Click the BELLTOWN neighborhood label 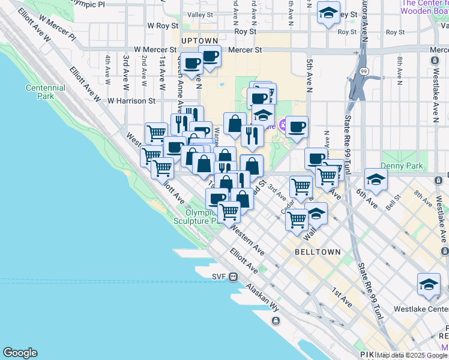(318, 253)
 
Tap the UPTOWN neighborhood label (199, 40)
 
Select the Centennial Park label (46, 92)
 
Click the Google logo (20, 353)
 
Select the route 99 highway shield (364, 72)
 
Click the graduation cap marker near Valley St (328, 13)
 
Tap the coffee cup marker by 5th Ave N (297, 126)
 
